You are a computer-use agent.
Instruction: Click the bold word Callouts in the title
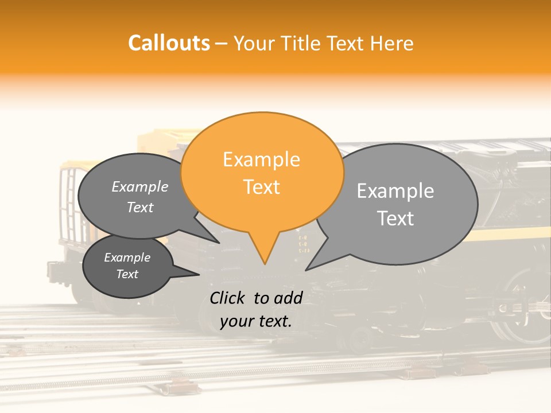point(169,43)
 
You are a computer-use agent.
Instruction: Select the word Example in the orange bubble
point(261,159)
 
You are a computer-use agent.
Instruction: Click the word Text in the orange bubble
point(261,187)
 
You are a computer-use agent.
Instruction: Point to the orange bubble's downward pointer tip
point(265,264)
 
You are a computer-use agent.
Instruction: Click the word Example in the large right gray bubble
point(395,191)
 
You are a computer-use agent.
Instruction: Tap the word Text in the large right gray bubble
point(395,219)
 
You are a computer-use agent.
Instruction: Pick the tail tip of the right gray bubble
point(306,270)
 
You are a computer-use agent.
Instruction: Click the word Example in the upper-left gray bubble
point(139,187)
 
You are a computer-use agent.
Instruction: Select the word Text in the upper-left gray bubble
point(139,208)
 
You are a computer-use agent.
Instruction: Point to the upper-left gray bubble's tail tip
point(219,243)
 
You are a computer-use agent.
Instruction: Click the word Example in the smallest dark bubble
point(127,258)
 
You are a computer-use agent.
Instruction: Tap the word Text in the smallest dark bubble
point(127,274)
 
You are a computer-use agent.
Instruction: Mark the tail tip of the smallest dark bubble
point(199,274)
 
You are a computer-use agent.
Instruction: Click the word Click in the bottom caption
point(229,298)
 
